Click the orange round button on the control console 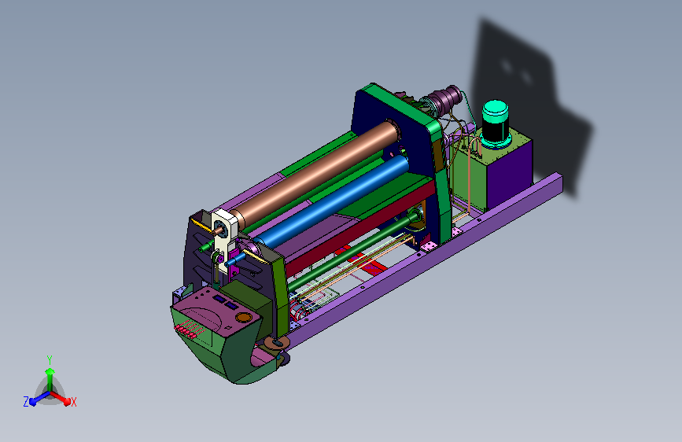tap(244, 317)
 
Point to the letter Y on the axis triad tap(50, 360)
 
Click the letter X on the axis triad tap(73, 402)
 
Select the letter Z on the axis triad tap(26, 402)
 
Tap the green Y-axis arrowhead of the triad tap(50, 371)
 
